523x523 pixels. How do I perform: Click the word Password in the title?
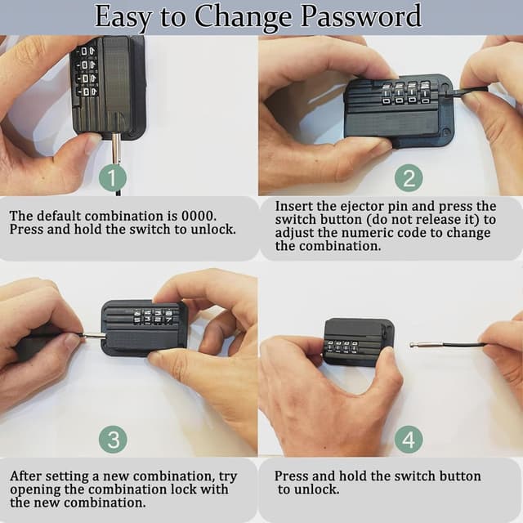tap(361, 16)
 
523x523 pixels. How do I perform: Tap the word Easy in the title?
tap(123, 17)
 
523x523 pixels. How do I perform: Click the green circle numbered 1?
tap(113, 178)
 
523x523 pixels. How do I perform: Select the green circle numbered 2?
tap(409, 178)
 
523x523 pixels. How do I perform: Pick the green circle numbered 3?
tap(113, 439)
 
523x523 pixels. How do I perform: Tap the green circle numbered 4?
tap(409, 439)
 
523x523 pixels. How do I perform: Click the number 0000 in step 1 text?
tap(199, 216)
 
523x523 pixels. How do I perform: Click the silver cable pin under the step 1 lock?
tap(116, 149)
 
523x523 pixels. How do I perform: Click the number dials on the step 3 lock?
tap(153, 317)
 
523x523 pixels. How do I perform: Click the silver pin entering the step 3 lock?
tap(94, 335)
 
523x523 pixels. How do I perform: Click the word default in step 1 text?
tap(59, 216)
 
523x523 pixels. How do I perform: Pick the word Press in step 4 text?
tap(292, 476)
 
